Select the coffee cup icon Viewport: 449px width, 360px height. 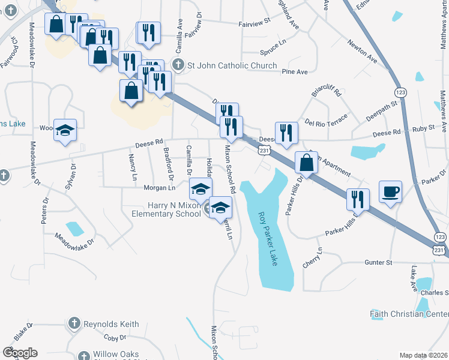click(391, 192)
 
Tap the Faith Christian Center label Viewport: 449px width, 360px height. click(409, 314)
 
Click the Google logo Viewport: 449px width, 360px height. click(20, 353)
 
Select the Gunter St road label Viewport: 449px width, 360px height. click(378, 262)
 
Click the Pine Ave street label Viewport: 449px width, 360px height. click(295, 72)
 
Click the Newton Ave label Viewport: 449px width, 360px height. click(363, 52)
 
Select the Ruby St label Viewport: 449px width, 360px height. click(423, 129)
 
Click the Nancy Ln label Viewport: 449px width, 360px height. click(132, 167)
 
